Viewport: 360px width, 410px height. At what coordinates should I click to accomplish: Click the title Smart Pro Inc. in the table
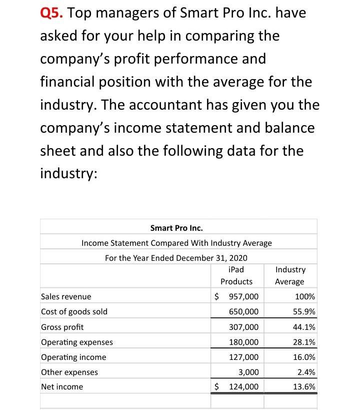[x=176, y=228]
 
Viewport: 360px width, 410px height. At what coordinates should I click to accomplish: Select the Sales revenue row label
[x=66, y=296]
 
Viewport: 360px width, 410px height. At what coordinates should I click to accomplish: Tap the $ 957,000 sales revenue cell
[x=236, y=296]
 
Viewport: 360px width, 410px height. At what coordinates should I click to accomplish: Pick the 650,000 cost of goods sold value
[x=243, y=311]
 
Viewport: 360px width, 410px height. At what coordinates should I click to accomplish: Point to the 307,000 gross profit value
[x=243, y=327]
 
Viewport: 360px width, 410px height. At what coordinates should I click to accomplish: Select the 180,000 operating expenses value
[x=243, y=342]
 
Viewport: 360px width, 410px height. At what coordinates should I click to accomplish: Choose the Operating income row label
[x=73, y=357]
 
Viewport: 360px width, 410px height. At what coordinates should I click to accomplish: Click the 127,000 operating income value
[x=243, y=357]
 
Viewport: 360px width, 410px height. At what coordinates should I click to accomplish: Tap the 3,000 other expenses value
[x=249, y=372]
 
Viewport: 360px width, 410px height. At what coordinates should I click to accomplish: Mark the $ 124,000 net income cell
[x=236, y=386]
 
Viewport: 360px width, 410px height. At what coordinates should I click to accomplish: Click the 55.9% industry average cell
[x=305, y=311]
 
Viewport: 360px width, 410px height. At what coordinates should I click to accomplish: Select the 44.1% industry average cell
[x=305, y=327]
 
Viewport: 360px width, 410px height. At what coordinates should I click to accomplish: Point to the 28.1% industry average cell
[x=305, y=342]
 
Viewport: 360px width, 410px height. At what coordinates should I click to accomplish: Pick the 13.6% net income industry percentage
[x=305, y=386]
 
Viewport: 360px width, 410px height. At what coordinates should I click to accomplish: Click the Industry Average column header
[x=289, y=275]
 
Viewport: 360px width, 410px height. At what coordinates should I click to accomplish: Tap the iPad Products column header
[x=236, y=275]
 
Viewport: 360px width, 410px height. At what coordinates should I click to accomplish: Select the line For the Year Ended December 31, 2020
[x=176, y=258]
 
